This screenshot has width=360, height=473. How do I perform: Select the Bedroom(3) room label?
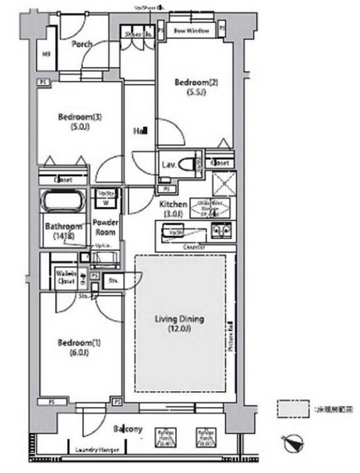(x=80, y=122)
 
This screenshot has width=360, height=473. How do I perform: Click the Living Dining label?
(x=179, y=323)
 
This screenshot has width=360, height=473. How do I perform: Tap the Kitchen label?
(x=173, y=208)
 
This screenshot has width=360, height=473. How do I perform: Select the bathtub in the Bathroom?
(x=63, y=201)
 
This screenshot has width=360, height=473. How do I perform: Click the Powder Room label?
(x=105, y=228)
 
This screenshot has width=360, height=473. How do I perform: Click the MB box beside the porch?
(x=46, y=55)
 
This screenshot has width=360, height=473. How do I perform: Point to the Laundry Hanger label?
(x=97, y=450)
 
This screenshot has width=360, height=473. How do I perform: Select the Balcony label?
(x=127, y=429)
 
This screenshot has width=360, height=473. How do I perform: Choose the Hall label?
(x=140, y=131)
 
